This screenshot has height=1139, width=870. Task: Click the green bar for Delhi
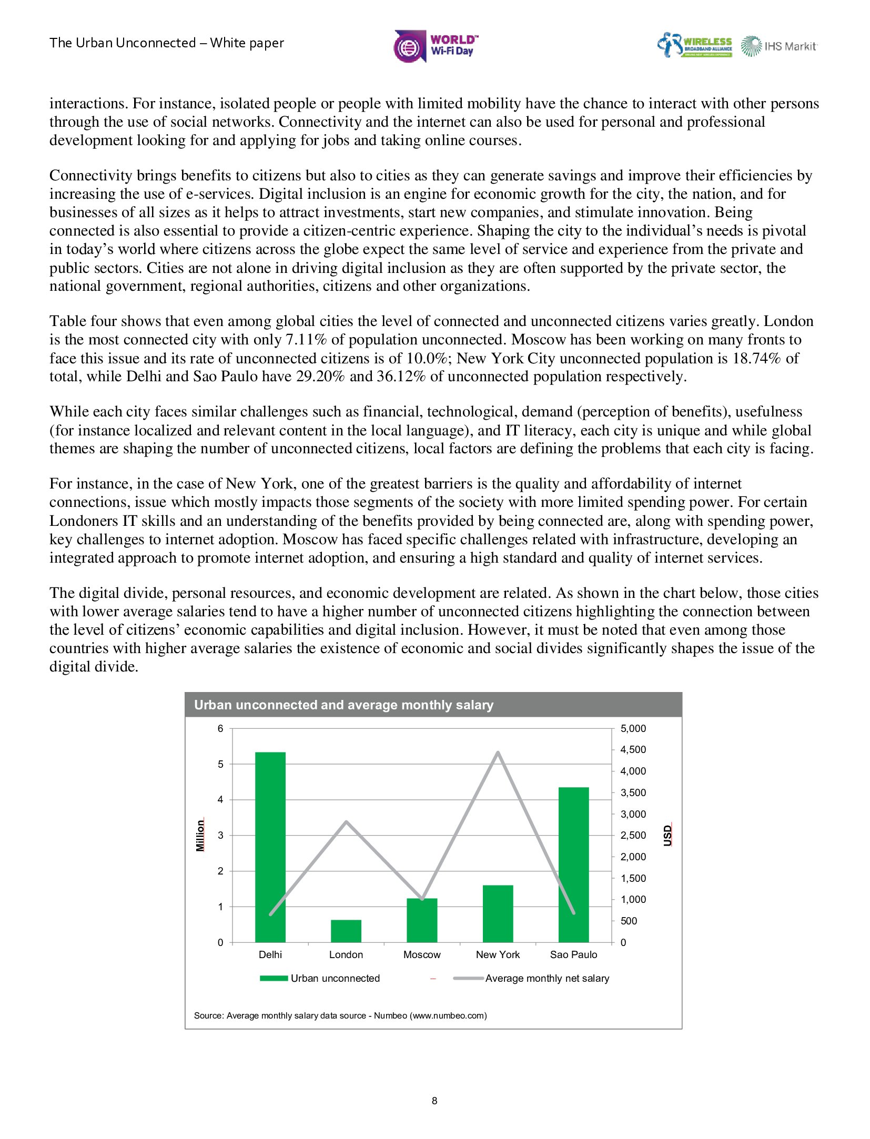tap(270, 847)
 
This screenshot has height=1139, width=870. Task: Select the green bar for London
tap(346, 931)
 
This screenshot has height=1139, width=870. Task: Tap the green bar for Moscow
tap(422, 921)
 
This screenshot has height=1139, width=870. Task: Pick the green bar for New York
tap(498, 914)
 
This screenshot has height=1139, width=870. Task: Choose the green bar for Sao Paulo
tap(573, 865)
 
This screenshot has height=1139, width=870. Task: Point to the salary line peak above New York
tap(498, 752)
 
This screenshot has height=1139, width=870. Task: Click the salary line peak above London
tap(346, 822)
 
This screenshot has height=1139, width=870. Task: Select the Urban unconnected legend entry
tap(319, 978)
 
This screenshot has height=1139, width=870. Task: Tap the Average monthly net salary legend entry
tap(531, 978)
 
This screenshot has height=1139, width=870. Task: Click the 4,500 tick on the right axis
tap(633, 749)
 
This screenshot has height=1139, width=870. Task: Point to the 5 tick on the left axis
tap(220, 764)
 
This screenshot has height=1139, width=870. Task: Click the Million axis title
tap(200, 835)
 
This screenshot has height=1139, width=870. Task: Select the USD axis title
tap(667, 835)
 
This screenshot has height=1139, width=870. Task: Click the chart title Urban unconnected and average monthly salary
tap(343, 705)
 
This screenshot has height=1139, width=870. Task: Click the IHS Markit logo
tap(779, 46)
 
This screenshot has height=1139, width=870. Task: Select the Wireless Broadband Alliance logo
tap(695, 45)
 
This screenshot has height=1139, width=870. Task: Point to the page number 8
tap(434, 1101)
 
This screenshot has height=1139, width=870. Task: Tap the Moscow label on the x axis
tap(422, 954)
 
